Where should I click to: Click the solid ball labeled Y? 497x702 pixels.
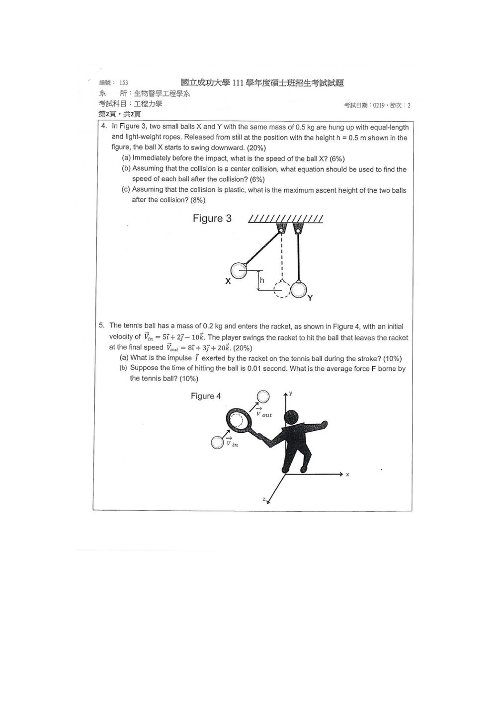tap(299, 289)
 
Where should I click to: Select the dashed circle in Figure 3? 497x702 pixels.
tap(282, 289)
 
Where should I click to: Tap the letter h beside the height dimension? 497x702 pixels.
tap(262, 280)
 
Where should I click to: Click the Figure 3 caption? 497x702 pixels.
tap(212, 219)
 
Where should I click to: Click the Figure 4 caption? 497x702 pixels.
tap(206, 396)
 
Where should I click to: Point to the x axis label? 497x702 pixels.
tap(347, 474)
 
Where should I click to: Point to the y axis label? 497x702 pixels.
tap(291, 393)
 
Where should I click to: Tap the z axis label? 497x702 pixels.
tap(264, 499)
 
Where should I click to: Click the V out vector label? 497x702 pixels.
tap(264, 412)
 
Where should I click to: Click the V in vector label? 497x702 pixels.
tap(232, 442)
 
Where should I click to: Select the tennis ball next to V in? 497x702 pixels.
tap(217, 442)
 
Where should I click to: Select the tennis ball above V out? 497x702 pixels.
tap(263, 396)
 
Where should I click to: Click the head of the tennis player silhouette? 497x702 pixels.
tap(292, 418)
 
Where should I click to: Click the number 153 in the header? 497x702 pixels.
tap(124, 83)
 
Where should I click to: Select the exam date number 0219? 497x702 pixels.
tap(379, 106)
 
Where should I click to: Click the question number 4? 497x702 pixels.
tap(104, 126)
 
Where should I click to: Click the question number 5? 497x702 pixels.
tap(101, 325)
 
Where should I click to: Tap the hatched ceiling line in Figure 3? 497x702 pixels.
tap(285, 219)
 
